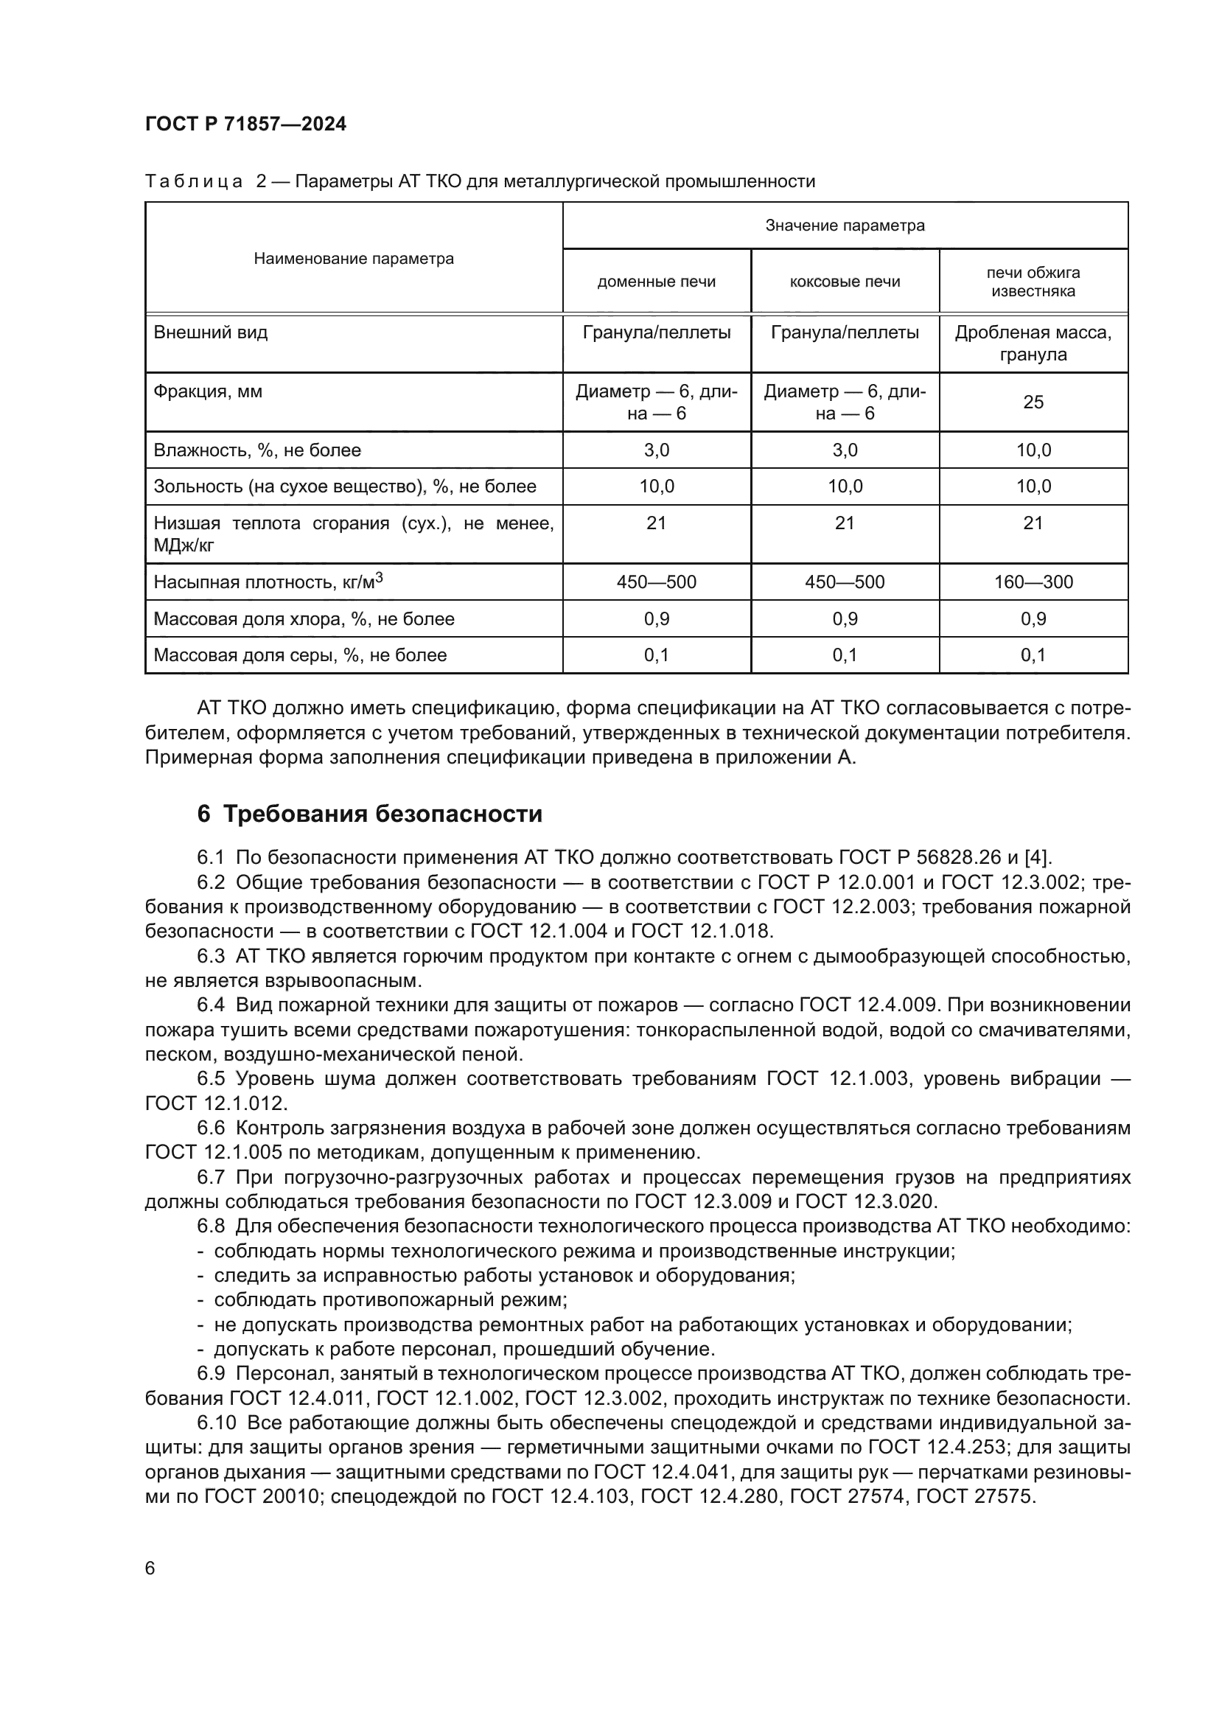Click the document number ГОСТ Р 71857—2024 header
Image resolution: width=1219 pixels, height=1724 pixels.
tap(245, 125)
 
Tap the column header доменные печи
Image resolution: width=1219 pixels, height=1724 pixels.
tap(656, 282)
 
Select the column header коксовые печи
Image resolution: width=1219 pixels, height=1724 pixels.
tap(845, 282)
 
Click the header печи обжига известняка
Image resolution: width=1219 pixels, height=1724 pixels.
tap(1033, 282)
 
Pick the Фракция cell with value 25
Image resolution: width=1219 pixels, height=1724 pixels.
tap(1033, 402)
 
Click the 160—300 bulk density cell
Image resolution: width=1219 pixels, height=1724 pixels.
tap(1033, 582)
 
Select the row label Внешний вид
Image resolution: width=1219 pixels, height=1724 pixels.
tap(210, 332)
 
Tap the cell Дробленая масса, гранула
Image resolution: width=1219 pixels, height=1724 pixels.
tap(1033, 343)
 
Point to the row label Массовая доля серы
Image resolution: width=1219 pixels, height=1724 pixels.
tap(299, 655)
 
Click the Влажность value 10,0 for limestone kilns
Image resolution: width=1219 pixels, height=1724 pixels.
tap(1033, 450)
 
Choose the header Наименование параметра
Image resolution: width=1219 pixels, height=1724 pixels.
tap(354, 259)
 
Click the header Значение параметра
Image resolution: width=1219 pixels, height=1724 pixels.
tap(845, 226)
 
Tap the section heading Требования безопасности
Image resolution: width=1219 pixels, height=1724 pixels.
tap(382, 814)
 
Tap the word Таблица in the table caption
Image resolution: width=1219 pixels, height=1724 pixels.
tap(195, 182)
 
